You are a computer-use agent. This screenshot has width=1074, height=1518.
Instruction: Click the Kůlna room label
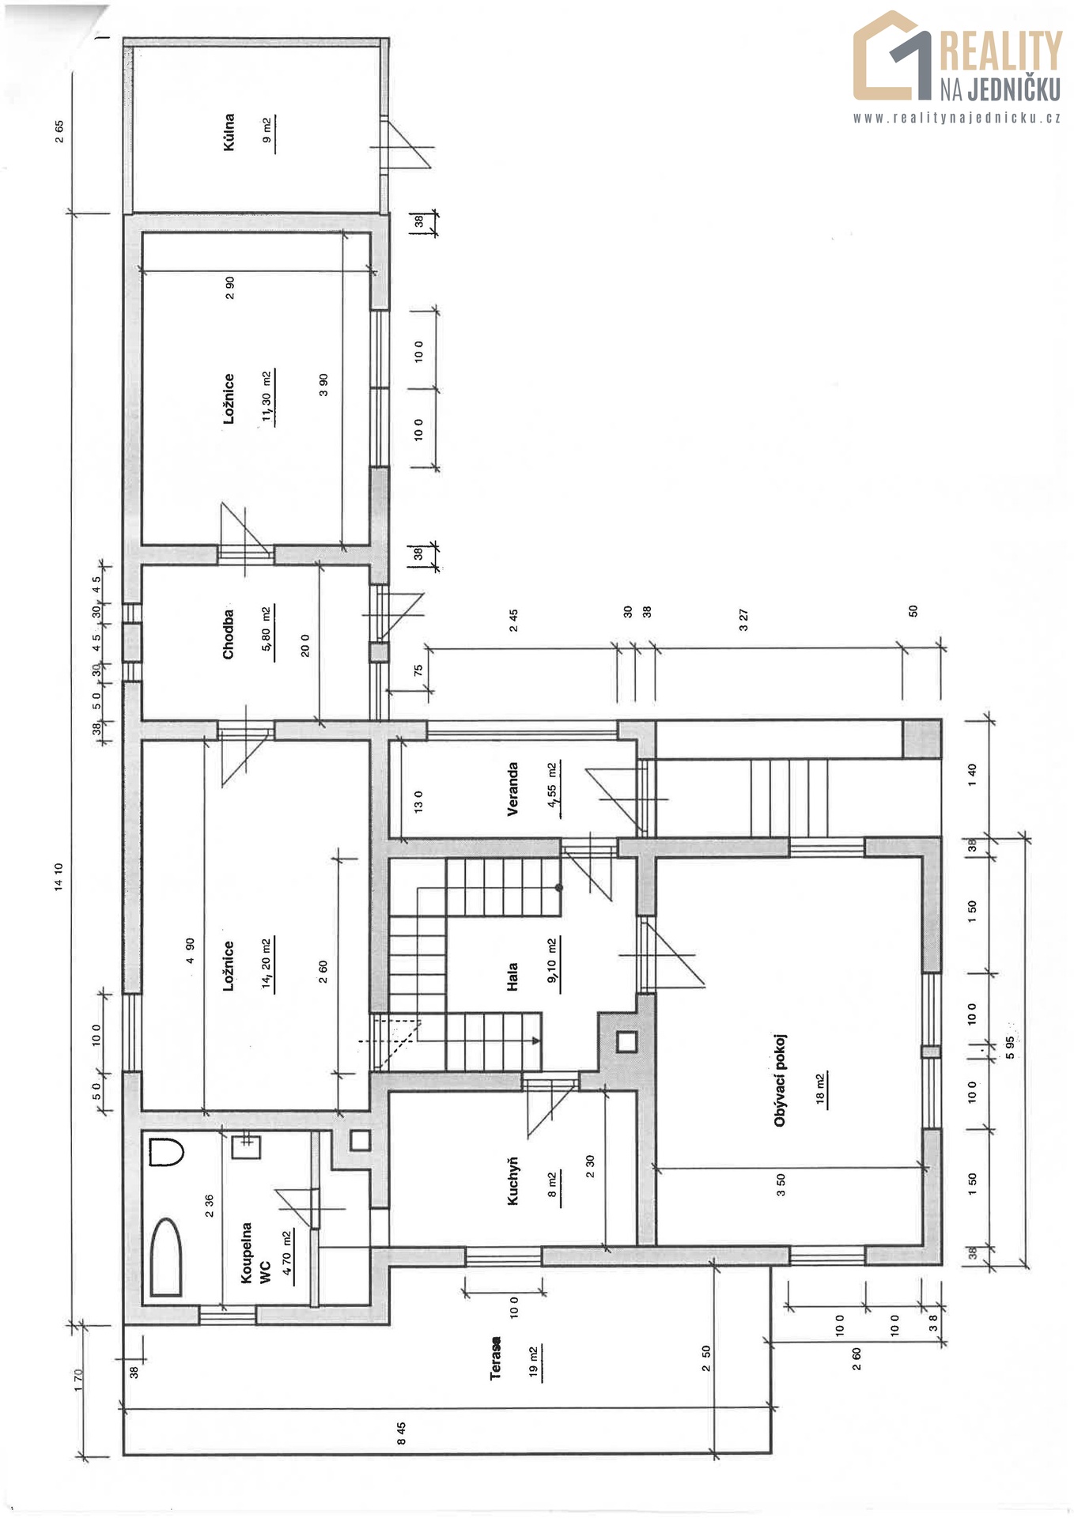pyautogui.click(x=229, y=132)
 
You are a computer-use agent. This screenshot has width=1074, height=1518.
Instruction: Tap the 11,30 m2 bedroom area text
pyautogui.click(x=267, y=398)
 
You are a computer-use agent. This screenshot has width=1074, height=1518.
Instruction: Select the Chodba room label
pyautogui.click(x=229, y=634)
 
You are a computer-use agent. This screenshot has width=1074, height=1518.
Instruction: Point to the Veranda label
pyautogui.click(x=513, y=788)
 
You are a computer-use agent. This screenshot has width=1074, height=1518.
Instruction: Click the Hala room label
pyautogui.click(x=513, y=976)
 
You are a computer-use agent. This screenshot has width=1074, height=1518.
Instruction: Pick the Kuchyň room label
pyautogui.click(x=513, y=1180)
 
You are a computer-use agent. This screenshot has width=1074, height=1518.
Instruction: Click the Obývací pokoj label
pyautogui.click(x=781, y=1079)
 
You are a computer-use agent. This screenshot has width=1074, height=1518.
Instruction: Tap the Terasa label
pyautogui.click(x=496, y=1358)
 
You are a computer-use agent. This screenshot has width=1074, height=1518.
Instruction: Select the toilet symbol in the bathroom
pyautogui.click(x=166, y=1152)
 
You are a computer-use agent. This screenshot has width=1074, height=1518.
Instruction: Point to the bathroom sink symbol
pyautogui.click(x=246, y=1145)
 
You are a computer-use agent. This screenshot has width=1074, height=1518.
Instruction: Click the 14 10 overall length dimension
pyautogui.click(x=58, y=877)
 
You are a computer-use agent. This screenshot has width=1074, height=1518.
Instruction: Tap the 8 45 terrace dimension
pyautogui.click(x=401, y=1433)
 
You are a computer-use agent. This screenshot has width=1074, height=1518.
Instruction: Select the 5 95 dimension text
pyautogui.click(x=1010, y=1048)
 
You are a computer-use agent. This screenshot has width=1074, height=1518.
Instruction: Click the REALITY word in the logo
pyautogui.click(x=1000, y=51)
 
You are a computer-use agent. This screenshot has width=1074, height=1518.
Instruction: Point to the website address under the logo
pyautogui.click(x=957, y=118)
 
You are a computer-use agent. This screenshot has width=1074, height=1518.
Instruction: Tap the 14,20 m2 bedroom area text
pyautogui.click(x=267, y=964)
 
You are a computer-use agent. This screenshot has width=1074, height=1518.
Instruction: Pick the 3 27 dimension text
pyautogui.click(x=743, y=620)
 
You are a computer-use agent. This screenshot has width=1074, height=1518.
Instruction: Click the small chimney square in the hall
pyautogui.click(x=626, y=1042)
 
